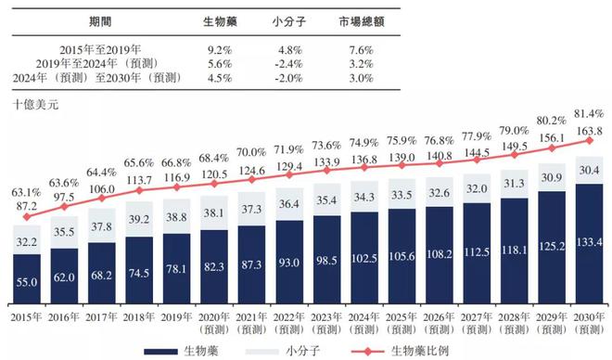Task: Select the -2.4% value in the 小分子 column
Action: [290, 62]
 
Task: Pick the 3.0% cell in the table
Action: [363, 77]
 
